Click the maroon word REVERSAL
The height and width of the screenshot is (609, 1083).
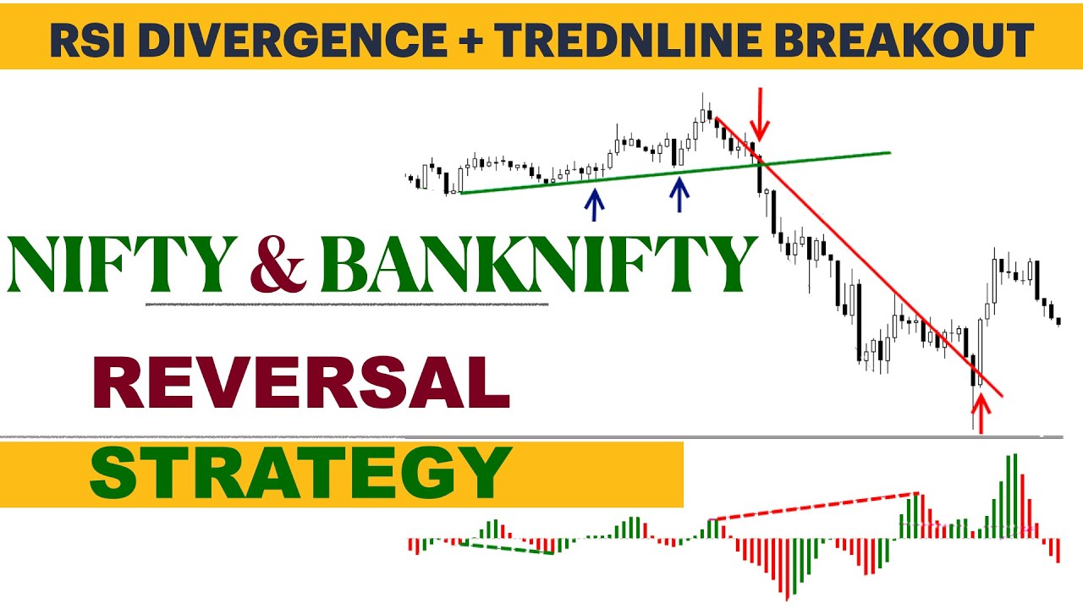tap(301, 382)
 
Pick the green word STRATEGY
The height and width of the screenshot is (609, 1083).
tap(300, 474)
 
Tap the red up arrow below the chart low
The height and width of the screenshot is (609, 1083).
tap(981, 414)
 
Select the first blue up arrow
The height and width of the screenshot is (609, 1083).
tap(595, 204)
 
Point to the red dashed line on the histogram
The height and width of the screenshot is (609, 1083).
tap(816, 506)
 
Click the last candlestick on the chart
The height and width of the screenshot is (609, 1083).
tap(1058, 320)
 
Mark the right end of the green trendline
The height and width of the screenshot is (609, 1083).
tap(889, 153)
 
